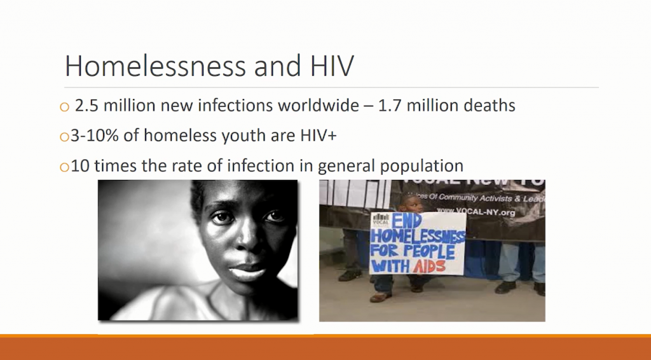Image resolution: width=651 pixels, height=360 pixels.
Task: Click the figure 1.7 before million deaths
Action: [390, 106]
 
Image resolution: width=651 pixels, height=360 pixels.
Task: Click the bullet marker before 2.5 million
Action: [64, 107]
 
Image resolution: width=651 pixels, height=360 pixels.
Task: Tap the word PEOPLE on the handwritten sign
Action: [432, 251]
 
